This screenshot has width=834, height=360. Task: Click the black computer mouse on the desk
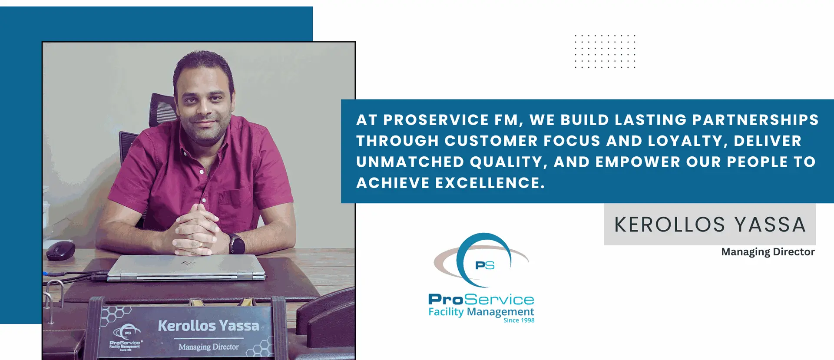[60, 251]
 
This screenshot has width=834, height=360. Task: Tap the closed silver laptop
[186, 268]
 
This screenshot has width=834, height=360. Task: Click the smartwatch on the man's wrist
[237, 244]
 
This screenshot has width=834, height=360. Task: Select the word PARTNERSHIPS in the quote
[755, 120]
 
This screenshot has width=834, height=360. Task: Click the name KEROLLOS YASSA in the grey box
[710, 225]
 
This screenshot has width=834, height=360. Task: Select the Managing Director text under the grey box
[768, 252]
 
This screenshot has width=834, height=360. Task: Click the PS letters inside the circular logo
[485, 265]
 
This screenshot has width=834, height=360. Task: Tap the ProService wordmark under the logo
[481, 299]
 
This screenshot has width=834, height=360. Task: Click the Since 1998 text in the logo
[519, 320]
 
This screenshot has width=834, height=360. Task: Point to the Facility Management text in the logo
[481, 312]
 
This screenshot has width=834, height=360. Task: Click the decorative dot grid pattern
[605, 52]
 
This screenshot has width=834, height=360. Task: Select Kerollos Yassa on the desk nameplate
[208, 326]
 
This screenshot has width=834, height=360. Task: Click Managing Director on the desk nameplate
[208, 347]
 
